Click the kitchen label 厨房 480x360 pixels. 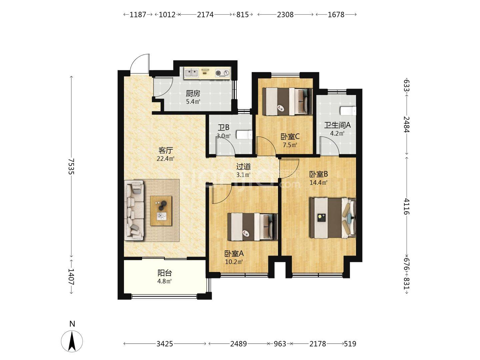193,93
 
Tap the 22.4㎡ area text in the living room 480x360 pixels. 165,159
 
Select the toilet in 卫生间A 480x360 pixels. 348,111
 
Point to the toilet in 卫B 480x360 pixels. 244,135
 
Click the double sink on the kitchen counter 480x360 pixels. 192,73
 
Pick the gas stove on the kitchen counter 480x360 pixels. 223,73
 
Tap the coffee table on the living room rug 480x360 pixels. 161,211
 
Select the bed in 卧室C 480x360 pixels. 287,101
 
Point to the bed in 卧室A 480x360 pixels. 253,227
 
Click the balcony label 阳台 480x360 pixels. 165,273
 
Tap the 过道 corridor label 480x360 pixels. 243,167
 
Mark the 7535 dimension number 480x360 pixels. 71,166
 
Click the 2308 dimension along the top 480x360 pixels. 285,15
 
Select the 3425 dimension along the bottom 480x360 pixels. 165,344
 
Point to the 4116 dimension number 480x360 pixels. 407,206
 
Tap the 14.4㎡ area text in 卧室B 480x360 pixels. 318,183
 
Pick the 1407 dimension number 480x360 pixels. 71,277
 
